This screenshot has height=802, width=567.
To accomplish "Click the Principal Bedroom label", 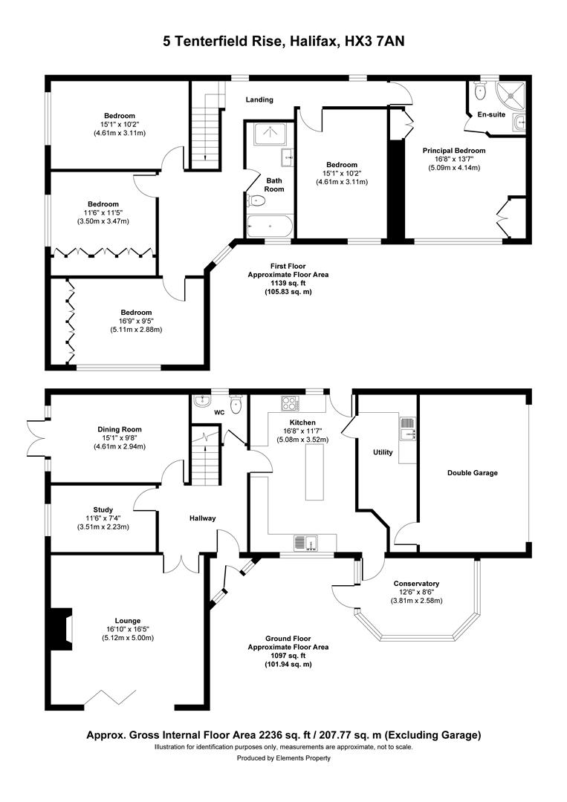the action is point(454,150).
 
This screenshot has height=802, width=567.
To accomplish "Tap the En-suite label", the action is point(491,114).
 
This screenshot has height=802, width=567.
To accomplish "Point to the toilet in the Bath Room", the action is point(256,200).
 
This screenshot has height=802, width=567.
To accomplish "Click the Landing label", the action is point(259,100).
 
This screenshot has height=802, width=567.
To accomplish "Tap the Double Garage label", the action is point(473,473).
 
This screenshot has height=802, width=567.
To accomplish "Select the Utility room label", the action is point(383,452).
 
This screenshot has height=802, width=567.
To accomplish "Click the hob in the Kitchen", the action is point(290,403).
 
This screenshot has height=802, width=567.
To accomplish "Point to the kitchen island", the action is point(315,472).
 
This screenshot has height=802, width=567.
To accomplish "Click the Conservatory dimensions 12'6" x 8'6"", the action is point(417,593).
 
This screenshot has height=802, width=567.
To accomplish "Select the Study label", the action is point(103,510).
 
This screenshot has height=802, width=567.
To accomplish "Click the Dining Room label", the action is point(120,430).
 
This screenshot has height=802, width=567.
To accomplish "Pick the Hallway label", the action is point(203,518).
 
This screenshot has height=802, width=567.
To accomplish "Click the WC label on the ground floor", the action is point(219,412).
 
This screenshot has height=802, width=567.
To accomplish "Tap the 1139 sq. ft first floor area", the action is point(288,284).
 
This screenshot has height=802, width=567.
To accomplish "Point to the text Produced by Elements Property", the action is point(284,758).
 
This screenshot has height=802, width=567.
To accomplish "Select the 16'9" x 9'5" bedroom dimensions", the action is point(136,322).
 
